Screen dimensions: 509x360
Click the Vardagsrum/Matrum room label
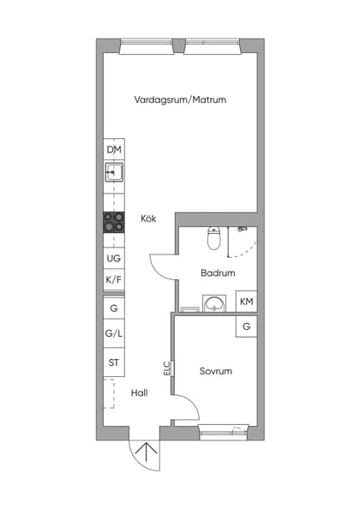coord(180,99)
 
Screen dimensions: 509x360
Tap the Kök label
coord(149,219)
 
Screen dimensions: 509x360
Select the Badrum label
coord(218,273)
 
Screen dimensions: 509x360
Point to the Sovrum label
coord(216,371)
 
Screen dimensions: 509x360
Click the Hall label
coord(140,392)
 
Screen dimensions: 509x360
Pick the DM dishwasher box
coord(114,150)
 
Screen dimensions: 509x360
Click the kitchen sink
coord(114,174)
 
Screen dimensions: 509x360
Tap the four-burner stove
coord(114,223)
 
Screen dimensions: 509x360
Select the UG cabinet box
coord(114,258)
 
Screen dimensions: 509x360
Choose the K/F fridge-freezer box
coord(114,280)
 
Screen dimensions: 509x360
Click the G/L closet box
coord(114,334)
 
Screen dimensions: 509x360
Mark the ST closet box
coord(114,363)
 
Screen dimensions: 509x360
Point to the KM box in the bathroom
coord(246,302)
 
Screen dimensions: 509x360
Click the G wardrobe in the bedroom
coord(246,326)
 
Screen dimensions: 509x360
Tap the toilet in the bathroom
coord(214,238)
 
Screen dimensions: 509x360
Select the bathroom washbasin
coord(213,302)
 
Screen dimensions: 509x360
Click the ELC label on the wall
coord(167,368)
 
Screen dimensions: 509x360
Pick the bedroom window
coord(224,432)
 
